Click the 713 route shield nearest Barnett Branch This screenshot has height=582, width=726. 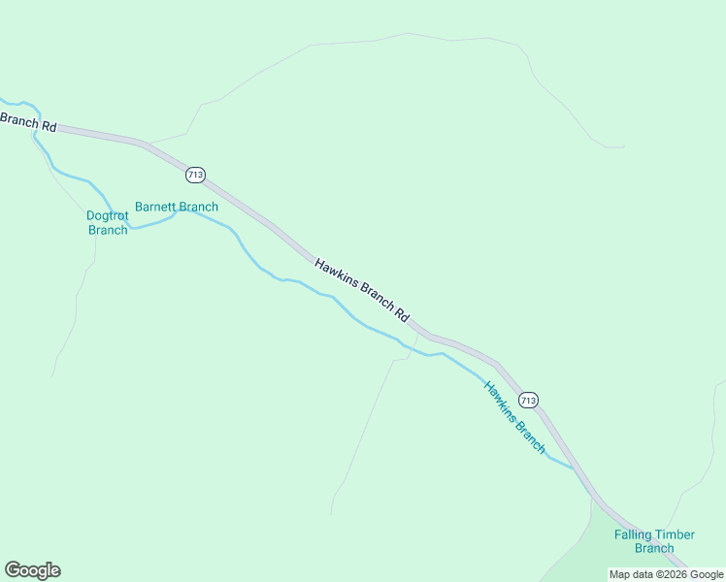[x=195, y=175]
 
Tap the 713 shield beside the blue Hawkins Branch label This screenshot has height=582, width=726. [x=528, y=400]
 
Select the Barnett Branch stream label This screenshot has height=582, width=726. [x=177, y=207]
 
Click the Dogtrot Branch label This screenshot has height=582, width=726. [x=108, y=223]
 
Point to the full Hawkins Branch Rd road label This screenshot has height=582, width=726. [x=362, y=290]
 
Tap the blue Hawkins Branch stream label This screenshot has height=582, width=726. [x=515, y=417]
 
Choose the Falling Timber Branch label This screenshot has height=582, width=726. [x=654, y=541]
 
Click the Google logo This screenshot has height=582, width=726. [x=32, y=570]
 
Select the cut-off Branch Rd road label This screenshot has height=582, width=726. [x=28, y=123]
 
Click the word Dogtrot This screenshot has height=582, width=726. [x=108, y=215]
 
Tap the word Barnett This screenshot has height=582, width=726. [x=153, y=207]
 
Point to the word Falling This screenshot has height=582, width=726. [x=631, y=534]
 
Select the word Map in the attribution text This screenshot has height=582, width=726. [x=619, y=575]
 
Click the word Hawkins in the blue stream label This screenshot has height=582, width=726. [x=499, y=399]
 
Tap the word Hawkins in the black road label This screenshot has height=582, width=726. [x=336, y=273]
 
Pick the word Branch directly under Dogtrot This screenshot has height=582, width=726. [x=108, y=230]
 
